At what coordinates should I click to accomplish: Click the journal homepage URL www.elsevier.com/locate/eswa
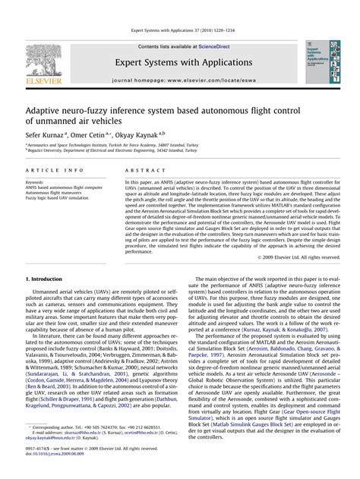pyautogui.click(x=207, y=79)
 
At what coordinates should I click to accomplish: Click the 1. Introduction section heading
pyautogui.click(x=46, y=280)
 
